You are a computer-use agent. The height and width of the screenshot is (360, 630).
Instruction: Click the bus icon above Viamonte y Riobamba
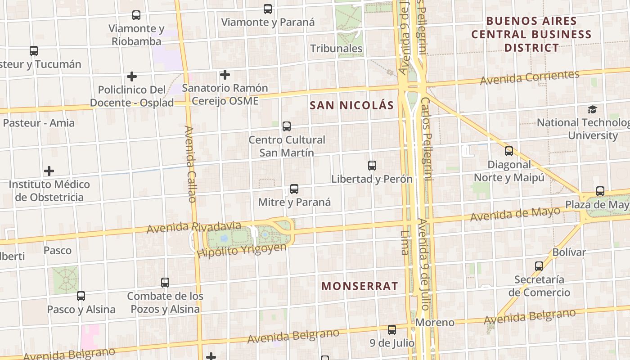click(x=136, y=15)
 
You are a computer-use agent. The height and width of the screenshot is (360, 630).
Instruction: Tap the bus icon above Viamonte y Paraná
click(x=268, y=9)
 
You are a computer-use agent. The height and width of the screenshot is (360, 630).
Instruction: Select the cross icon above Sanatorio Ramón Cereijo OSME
click(x=225, y=75)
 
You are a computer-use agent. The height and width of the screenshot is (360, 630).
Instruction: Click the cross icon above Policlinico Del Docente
click(x=131, y=76)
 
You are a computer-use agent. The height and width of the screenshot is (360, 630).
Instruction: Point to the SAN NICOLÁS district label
click(x=352, y=106)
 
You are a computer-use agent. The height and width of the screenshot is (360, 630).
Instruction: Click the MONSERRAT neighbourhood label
click(x=360, y=286)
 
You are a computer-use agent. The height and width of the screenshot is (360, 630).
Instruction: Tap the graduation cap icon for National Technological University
click(x=592, y=110)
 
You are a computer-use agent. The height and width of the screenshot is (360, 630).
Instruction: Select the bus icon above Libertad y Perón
click(x=372, y=166)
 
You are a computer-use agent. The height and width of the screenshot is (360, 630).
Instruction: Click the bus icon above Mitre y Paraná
click(x=294, y=189)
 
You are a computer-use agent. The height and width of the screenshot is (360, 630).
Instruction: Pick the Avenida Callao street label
click(x=191, y=164)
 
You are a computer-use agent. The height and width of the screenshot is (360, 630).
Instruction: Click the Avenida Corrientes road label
click(x=529, y=77)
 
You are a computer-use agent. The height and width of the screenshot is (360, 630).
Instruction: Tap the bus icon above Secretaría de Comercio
click(x=539, y=266)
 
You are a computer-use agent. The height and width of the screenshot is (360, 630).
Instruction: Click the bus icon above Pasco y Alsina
click(x=81, y=296)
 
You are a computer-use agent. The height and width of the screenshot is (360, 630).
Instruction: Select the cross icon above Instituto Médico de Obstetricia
click(x=49, y=171)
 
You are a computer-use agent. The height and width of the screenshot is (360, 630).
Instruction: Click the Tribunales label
click(x=336, y=49)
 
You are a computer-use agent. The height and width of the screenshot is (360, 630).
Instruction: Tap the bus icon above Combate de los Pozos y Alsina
click(x=165, y=283)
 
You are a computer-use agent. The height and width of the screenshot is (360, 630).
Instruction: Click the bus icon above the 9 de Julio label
click(x=392, y=330)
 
